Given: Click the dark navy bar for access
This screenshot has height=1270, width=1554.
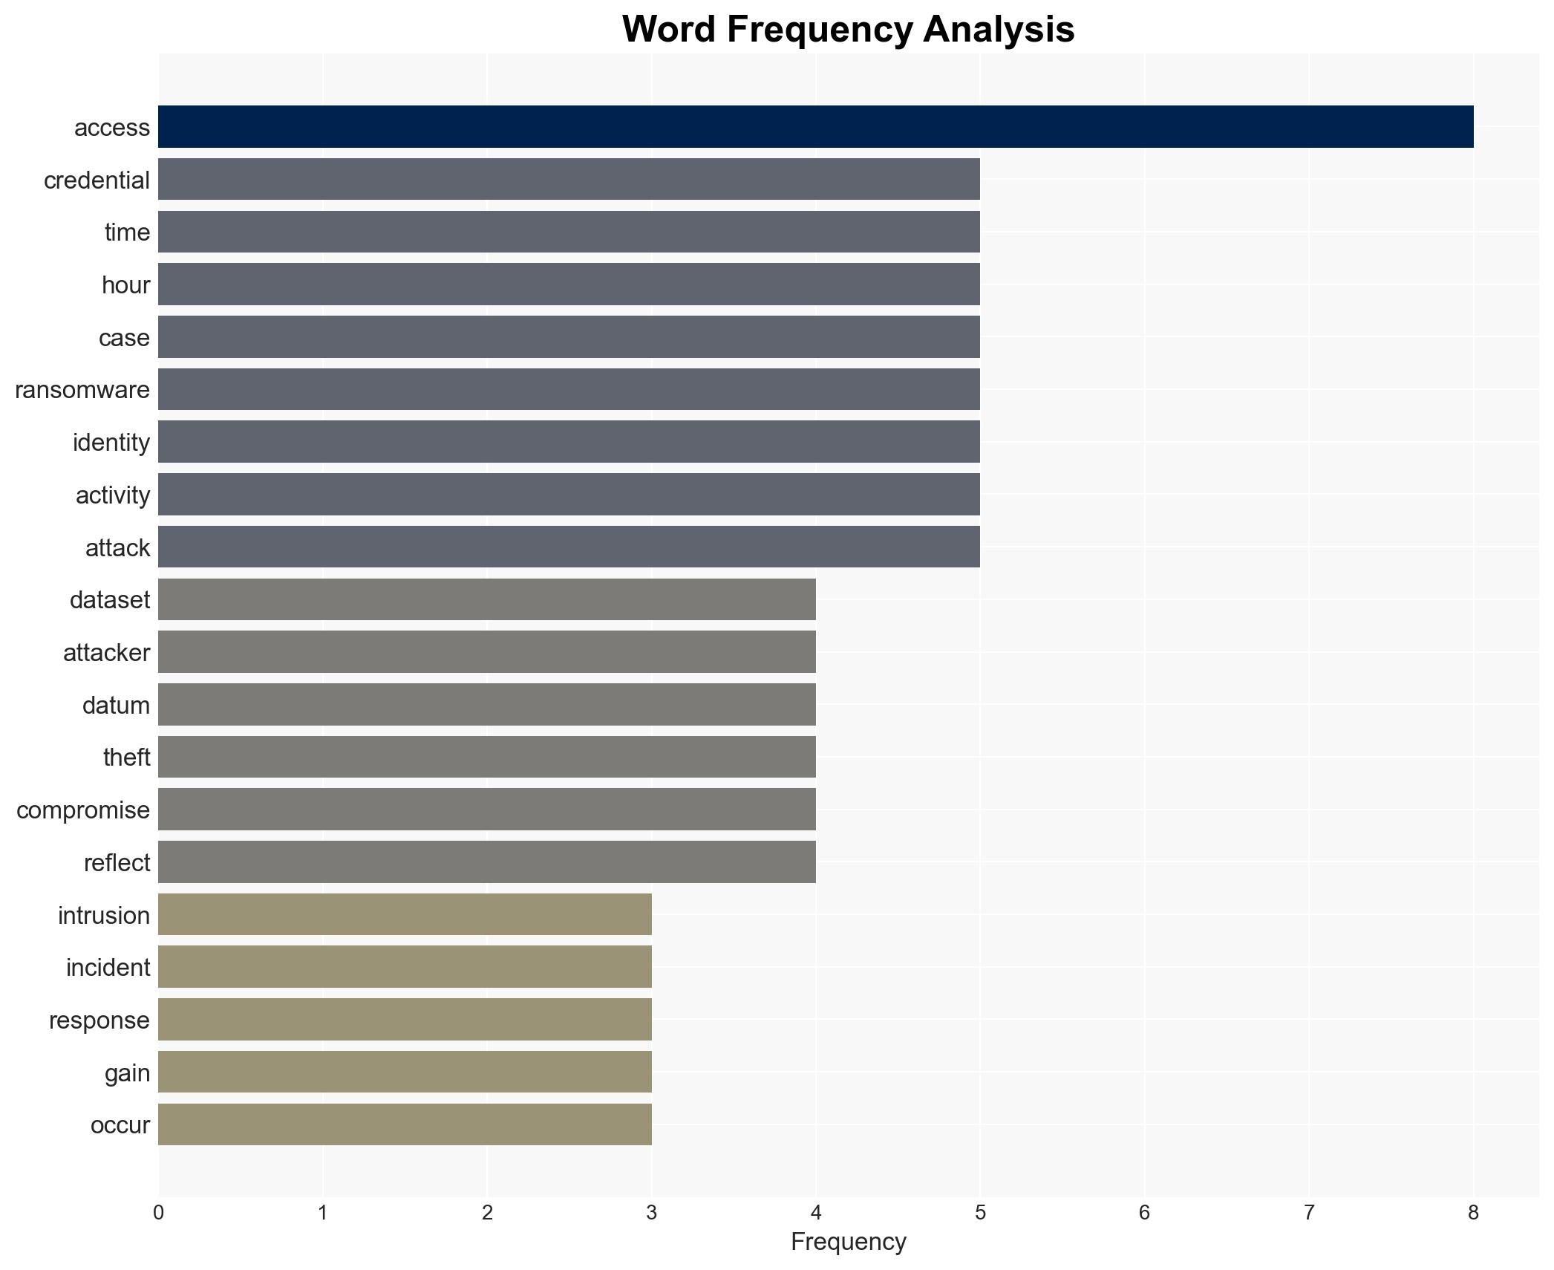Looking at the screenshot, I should [x=815, y=127].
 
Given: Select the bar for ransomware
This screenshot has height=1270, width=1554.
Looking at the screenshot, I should [x=569, y=389].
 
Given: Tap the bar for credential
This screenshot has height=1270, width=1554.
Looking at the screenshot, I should [x=569, y=180].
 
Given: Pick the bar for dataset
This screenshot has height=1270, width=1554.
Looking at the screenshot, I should [x=487, y=599].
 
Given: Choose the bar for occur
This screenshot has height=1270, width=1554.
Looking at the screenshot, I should [x=405, y=1124].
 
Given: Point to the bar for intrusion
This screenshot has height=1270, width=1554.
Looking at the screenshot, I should [x=405, y=914].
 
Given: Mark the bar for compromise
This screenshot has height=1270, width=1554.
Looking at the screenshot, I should [x=487, y=810].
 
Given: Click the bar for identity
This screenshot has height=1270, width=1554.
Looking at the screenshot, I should [x=569, y=442].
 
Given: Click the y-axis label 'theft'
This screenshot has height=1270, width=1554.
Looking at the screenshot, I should [x=126, y=758].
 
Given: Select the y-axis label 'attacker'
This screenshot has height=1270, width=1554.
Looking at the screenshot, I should [x=106, y=653].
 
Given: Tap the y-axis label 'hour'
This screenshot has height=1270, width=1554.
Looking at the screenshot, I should [x=125, y=285].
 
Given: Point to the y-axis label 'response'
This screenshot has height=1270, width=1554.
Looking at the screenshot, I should [x=99, y=1020].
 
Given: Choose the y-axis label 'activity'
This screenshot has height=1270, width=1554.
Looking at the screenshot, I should [x=112, y=495].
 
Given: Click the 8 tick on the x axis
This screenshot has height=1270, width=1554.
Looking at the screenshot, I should [x=1473, y=1213].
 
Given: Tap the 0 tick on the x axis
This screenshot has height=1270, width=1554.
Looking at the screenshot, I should [x=158, y=1213].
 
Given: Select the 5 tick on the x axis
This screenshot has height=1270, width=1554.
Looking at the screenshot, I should [x=980, y=1213].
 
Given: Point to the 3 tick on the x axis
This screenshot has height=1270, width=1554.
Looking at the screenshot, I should [x=651, y=1213].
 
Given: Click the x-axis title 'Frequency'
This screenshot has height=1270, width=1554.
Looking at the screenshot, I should [x=848, y=1242].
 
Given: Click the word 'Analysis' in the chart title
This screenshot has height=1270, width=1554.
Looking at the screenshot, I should [x=999, y=30].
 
